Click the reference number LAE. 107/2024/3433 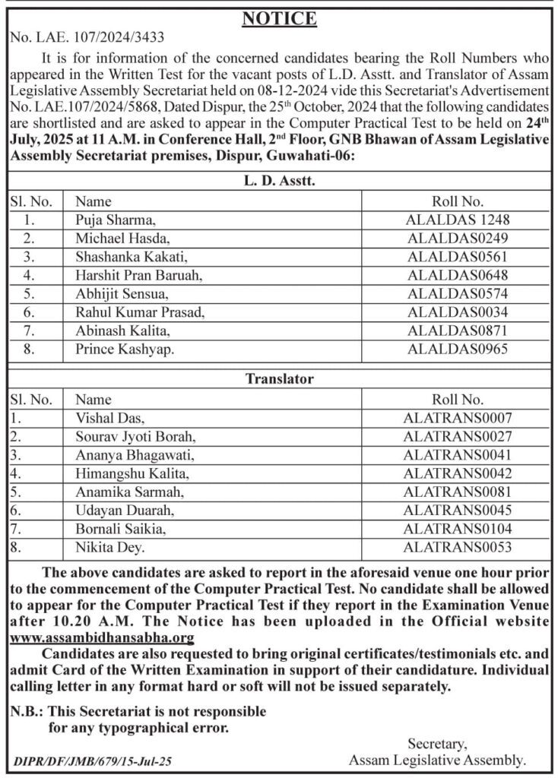coord(87,36)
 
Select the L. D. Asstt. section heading coord(279,182)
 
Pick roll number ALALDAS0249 coord(458,239)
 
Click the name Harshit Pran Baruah coord(139,275)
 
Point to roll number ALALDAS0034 coord(458,312)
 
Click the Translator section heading coord(279,378)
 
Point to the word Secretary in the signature coord(436,743)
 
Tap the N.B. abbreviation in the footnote coord(27,712)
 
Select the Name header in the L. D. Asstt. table coord(94,201)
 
